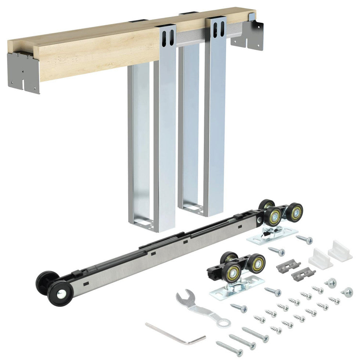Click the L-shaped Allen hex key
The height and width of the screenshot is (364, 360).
[173, 333]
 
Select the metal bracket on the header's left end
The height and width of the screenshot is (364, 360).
[23, 72]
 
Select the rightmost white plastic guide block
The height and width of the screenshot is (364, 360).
[340, 250]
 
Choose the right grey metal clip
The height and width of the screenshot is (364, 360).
[303, 274]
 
